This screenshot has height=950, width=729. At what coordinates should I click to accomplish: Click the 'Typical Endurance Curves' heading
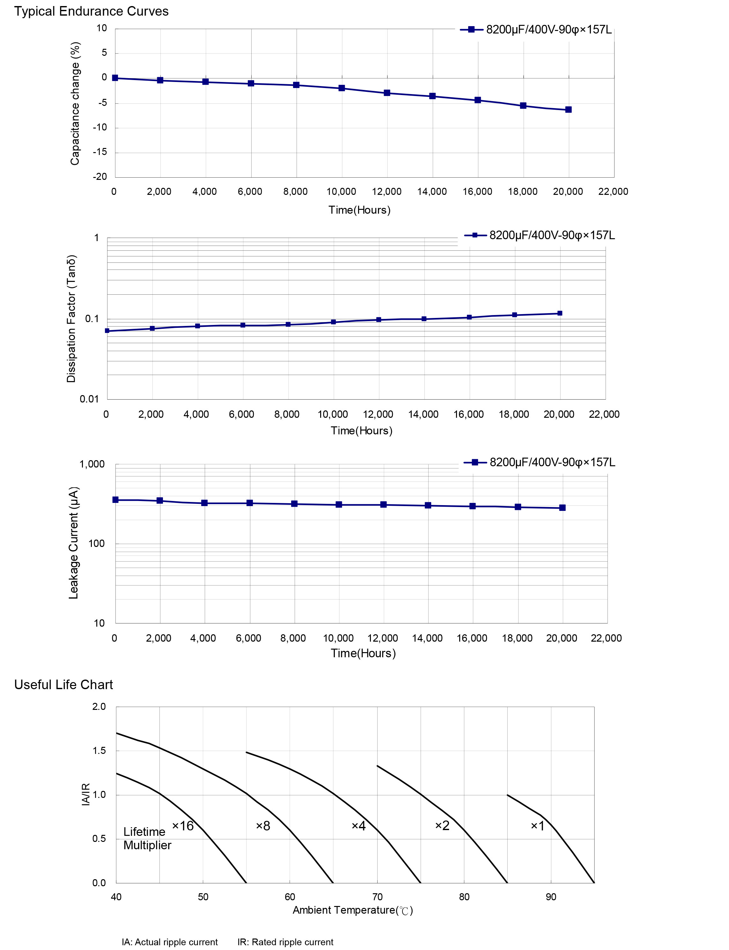[91, 11]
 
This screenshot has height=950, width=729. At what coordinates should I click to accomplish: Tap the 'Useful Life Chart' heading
[63, 684]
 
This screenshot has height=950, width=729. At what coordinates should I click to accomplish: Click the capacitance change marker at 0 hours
[115, 78]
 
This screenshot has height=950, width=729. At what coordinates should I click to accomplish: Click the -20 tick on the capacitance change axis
[100, 177]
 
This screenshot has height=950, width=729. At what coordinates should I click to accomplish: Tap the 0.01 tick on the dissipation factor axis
[89, 399]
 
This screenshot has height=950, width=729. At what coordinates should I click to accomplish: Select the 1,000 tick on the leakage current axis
[92, 464]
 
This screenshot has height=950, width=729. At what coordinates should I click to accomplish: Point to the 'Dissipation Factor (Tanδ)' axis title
[71, 319]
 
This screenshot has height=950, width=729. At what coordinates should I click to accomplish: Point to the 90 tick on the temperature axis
[551, 897]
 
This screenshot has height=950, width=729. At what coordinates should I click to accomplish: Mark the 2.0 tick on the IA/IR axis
[99, 707]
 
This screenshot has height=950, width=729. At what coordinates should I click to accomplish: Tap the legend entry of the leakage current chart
[540, 462]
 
